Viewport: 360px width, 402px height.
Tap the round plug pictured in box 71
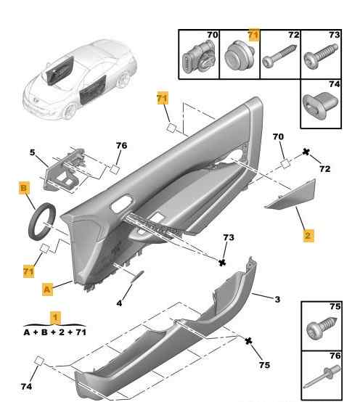pyautogui.click(x=239, y=56)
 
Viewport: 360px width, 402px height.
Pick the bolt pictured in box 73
pyautogui.click(x=321, y=57)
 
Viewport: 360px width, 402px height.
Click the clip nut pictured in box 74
pyautogui.click(x=320, y=104)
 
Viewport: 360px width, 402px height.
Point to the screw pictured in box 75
pyautogui.click(x=322, y=329)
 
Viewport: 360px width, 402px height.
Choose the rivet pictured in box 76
pyautogui.click(x=322, y=376)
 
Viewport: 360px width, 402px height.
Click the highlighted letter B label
pyautogui.click(x=24, y=188)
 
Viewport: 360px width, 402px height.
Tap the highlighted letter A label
pyautogui.click(x=47, y=290)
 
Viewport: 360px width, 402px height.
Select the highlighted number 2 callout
pyautogui.click(x=308, y=235)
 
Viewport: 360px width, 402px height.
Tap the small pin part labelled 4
pyautogui.click(x=137, y=277)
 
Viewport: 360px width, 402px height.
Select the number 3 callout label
pyautogui.click(x=277, y=299)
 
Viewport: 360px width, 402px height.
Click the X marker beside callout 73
pyautogui.click(x=222, y=262)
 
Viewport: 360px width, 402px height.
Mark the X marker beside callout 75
pyautogui.click(x=248, y=341)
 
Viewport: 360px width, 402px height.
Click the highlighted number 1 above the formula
pyautogui.click(x=55, y=318)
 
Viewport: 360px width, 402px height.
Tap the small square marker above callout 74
pyautogui.click(x=39, y=361)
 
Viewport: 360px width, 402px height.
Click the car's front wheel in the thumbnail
pyautogui.click(x=69, y=111)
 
